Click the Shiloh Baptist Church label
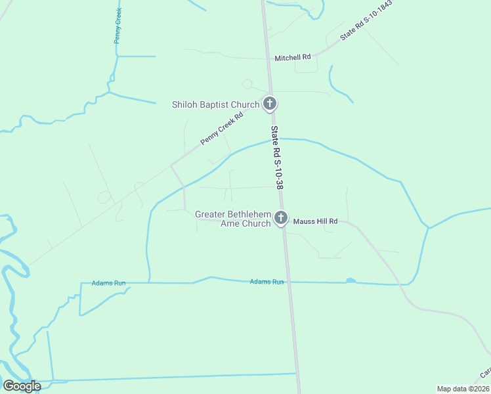pos(215,104)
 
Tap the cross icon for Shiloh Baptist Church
pos(270,103)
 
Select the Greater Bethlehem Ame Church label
pos(233,219)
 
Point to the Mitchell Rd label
pos(293,58)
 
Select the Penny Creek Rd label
pos(222,129)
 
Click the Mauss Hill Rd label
pos(315,222)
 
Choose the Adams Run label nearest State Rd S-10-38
pos(267,282)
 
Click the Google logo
pos(22,386)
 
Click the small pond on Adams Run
pos(351,281)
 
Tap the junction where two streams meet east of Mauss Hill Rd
pos(429,228)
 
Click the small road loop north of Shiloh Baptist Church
pos(247,83)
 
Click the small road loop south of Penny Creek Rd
pos(104,196)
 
